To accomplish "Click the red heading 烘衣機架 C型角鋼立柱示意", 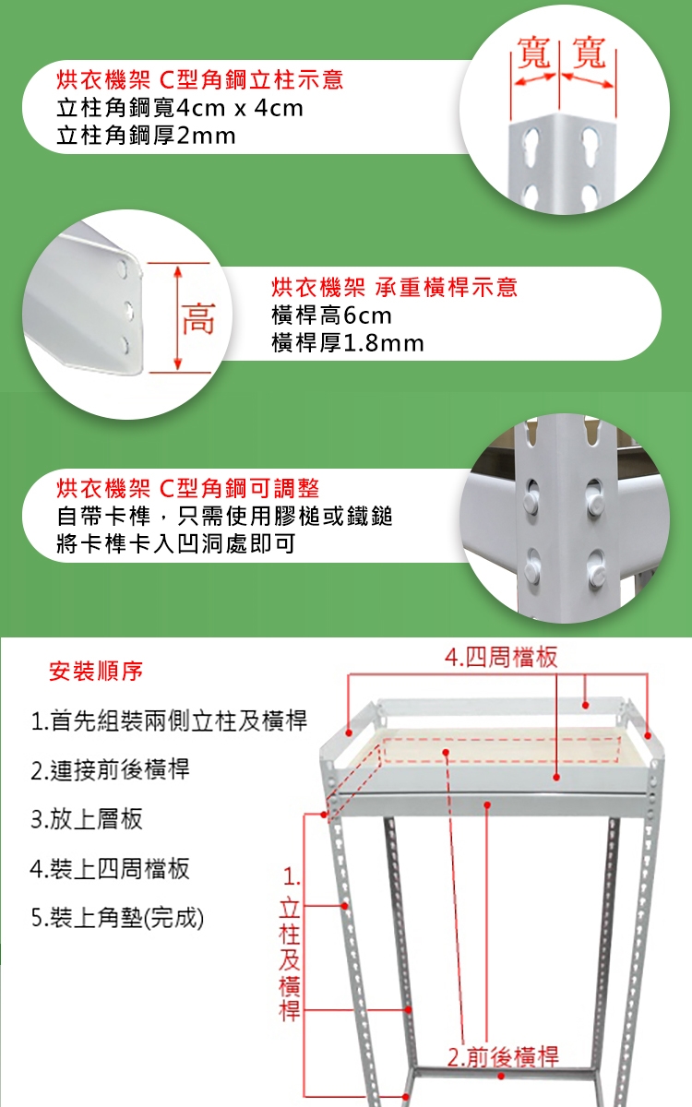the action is (x=199, y=80).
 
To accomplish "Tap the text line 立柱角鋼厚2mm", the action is (x=146, y=136).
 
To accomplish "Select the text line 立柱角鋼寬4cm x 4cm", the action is (x=179, y=108).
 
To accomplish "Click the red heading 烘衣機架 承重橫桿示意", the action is (x=395, y=287).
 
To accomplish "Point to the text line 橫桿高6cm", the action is (x=331, y=315).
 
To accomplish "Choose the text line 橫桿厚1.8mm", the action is (x=348, y=343).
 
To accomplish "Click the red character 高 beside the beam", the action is (x=198, y=319).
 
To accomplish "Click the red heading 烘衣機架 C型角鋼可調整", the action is (x=188, y=488).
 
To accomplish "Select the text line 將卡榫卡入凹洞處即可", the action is (x=176, y=543).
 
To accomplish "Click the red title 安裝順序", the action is (x=96, y=671).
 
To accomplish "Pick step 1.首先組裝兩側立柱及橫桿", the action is (x=169, y=720).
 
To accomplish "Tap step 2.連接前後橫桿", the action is (x=110, y=769).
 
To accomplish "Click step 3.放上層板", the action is (x=87, y=819).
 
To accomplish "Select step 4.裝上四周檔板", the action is (x=110, y=868).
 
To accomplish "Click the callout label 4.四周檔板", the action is (x=501, y=657).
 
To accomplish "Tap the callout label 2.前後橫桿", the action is (x=503, y=1057).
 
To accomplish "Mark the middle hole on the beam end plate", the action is (x=128, y=310).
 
